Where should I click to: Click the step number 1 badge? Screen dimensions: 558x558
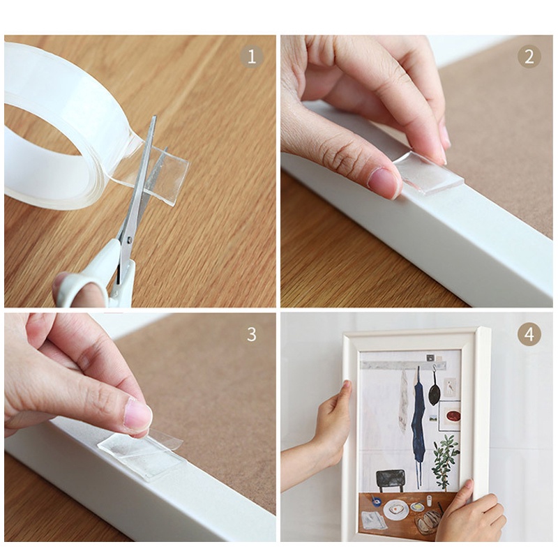(252, 56)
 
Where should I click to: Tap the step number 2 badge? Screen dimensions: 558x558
(529, 56)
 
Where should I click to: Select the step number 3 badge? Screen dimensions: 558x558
(252, 334)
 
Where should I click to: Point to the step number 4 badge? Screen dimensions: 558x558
(529, 334)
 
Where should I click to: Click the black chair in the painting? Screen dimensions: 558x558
(391, 481)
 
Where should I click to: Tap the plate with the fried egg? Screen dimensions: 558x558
(395, 509)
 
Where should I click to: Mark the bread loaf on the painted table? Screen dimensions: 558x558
(429, 520)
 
